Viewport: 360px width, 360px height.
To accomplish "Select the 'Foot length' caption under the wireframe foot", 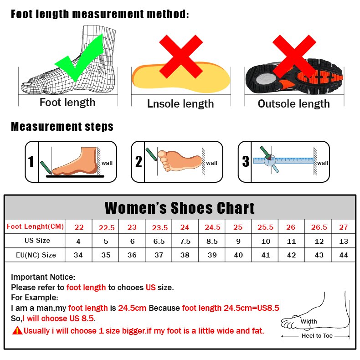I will point(67,103).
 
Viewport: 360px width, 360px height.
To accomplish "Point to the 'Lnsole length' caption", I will point(180,104).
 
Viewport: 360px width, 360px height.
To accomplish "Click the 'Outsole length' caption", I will point(293,104).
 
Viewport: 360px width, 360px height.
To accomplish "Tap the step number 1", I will point(31,162).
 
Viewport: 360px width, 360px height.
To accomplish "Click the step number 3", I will point(246,161).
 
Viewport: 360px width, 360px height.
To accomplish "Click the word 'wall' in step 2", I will point(212,163).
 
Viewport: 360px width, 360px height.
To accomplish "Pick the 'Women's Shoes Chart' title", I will point(180,208).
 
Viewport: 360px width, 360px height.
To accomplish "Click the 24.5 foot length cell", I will point(212,227).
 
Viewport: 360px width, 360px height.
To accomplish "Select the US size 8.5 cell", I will point(212,241).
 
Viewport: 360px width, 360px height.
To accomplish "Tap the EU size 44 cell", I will point(344,255).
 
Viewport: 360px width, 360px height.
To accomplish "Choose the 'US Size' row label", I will point(37,241).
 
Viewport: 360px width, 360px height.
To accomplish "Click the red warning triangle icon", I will point(17,330).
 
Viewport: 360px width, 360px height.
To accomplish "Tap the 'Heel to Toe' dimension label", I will point(317,336).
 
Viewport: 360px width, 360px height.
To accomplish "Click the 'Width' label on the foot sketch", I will point(309,322).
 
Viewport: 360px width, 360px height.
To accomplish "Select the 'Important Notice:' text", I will point(43,277).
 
